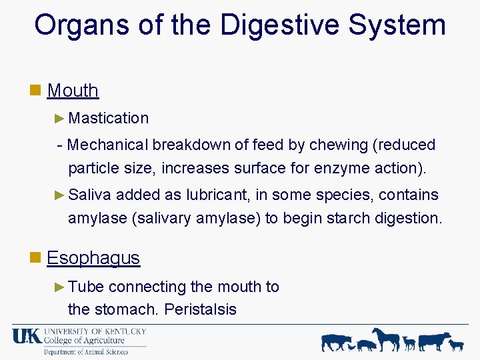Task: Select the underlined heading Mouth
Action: (x=73, y=90)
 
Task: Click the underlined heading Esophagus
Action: (x=93, y=258)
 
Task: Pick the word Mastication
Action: (x=108, y=118)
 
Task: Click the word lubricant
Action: (x=217, y=195)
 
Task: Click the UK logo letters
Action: (x=26, y=337)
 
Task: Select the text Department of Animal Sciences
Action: (x=86, y=352)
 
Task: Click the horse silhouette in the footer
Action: (x=385, y=339)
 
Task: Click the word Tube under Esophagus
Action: (x=86, y=287)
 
